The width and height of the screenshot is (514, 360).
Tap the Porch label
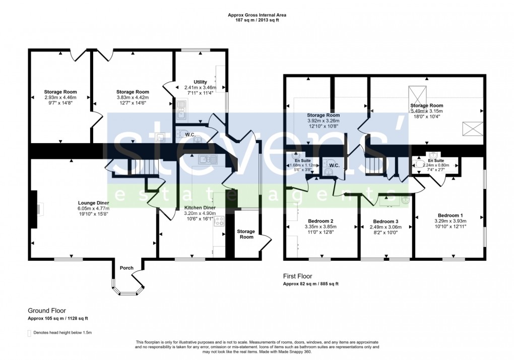[x=126, y=268]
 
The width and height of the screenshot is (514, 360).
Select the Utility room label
[x=200, y=82]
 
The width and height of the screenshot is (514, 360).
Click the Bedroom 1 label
[x=451, y=215]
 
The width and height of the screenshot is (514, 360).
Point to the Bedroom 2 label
[x=320, y=221]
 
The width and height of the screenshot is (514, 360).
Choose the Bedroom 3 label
[x=385, y=222]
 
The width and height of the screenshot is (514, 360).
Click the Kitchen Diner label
[x=200, y=208]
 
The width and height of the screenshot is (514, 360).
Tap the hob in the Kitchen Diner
[x=220, y=222]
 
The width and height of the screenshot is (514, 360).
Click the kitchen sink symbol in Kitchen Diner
[x=207, y=160]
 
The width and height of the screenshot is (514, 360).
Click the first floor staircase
[x=373, y=166]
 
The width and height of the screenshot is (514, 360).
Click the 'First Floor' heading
[x=297, y=276]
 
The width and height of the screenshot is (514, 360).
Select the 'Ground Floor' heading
[x=46, y=311]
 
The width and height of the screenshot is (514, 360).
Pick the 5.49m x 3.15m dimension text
[x=426, y=111]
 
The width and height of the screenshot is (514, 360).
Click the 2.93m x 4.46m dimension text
[x=60, y=97]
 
